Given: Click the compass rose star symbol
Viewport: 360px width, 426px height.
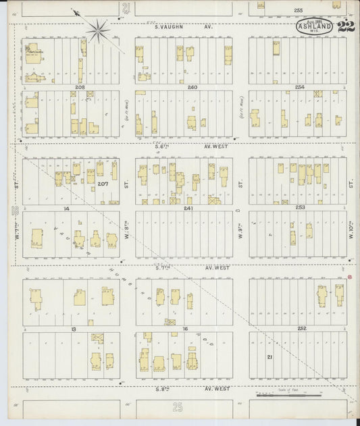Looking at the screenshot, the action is pyautogui.click(x=99, y=29).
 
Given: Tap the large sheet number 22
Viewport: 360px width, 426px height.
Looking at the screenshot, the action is pyautogui.click(x=347, y=28).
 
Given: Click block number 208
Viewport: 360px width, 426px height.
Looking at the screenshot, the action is pyautogui.click(x=80, y=87).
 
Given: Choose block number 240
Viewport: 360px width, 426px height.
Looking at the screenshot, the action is pyautogui.click(x=192, y=87).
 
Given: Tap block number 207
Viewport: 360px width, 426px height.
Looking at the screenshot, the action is pyautogui.click(x=103, y=184).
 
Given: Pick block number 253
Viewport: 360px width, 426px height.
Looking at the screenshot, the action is pyautogui.click(x=301, y=207).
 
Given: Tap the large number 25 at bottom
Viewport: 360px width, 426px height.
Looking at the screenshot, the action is pyautogui.click(x=178, y=407).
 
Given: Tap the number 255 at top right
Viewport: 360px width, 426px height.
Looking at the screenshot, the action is pyautogui.click(x=298, y=11).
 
